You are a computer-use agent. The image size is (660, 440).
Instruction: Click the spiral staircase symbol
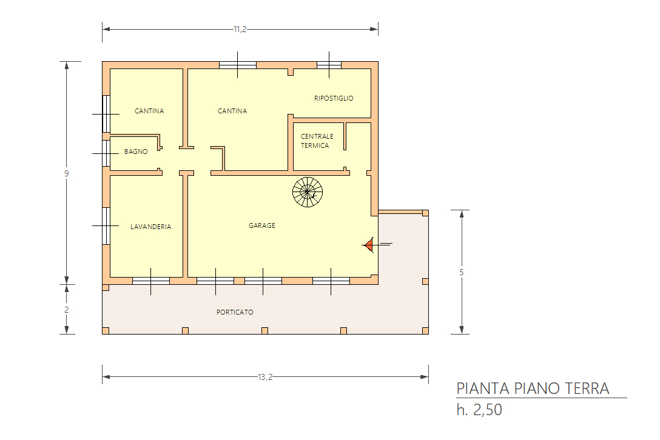pos(308,192)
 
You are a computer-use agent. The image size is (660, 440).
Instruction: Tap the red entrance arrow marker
pos(369,244)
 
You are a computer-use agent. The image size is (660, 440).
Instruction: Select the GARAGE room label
pos(262,225)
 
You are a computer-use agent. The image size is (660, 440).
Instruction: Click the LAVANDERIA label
pos(150,227)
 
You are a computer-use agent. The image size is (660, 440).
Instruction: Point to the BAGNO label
pos(136,152)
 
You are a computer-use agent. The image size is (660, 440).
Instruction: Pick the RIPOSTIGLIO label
pos(334,98)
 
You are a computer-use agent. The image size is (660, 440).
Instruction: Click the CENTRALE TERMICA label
pos(317,141)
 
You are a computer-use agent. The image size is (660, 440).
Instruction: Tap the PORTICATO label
pos(235,312)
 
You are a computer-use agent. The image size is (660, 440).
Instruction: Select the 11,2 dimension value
pos(240,30)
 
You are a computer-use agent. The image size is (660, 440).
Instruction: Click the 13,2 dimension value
pos(265,377)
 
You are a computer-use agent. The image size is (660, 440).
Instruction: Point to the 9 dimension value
pos(67,173)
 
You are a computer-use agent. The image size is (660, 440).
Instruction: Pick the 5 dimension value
pos(461,272)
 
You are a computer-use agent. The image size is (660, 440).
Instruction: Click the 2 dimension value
pos(67,310)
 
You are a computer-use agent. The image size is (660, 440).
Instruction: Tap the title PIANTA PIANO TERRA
pos(533,388)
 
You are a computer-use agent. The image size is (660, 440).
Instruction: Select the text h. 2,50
pos(479,410)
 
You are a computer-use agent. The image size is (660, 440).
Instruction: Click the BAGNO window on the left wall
pos(106,153)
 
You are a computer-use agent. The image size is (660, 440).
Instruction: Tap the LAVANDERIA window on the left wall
pos(106,226)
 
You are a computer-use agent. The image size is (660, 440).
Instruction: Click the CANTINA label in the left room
pos(149,111)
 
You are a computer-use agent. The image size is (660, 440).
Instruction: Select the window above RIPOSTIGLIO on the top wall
pos(329,65)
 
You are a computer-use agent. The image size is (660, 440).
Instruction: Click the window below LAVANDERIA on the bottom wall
pos(151,281)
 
